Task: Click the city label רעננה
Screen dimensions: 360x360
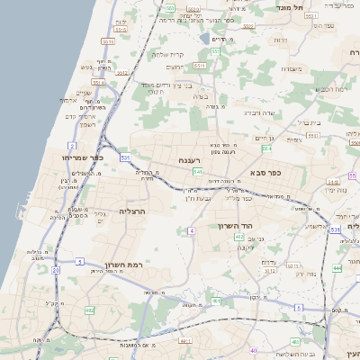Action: (189, 160)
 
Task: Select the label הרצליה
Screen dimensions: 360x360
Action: (132, 211)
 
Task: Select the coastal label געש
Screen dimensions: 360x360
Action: (87, 67)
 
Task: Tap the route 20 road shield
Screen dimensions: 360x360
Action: (55, 269)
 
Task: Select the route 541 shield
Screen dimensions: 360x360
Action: (196, 171)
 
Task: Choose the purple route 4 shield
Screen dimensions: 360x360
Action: (191, 231)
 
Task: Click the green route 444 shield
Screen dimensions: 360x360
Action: (337, 268)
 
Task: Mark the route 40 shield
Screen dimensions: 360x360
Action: (254, 351)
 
